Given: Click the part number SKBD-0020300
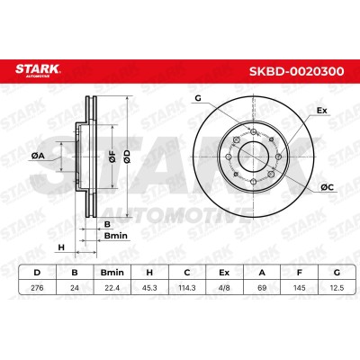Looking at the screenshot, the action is tap(297, 71).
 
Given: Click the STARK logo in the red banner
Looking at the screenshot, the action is tap(38, 70).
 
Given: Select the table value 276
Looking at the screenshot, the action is tap(37, 288).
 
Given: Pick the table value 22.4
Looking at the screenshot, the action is tap(112, 288).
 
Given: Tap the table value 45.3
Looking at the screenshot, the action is tap(149, 288).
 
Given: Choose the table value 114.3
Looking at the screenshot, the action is tap(187, 288).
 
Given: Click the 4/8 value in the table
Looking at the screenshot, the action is tap(224, 288).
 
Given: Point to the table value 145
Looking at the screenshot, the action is tap(300, 288).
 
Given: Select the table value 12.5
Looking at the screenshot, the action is tap(337, 288).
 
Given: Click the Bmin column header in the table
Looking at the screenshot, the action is tap(112, 273).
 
